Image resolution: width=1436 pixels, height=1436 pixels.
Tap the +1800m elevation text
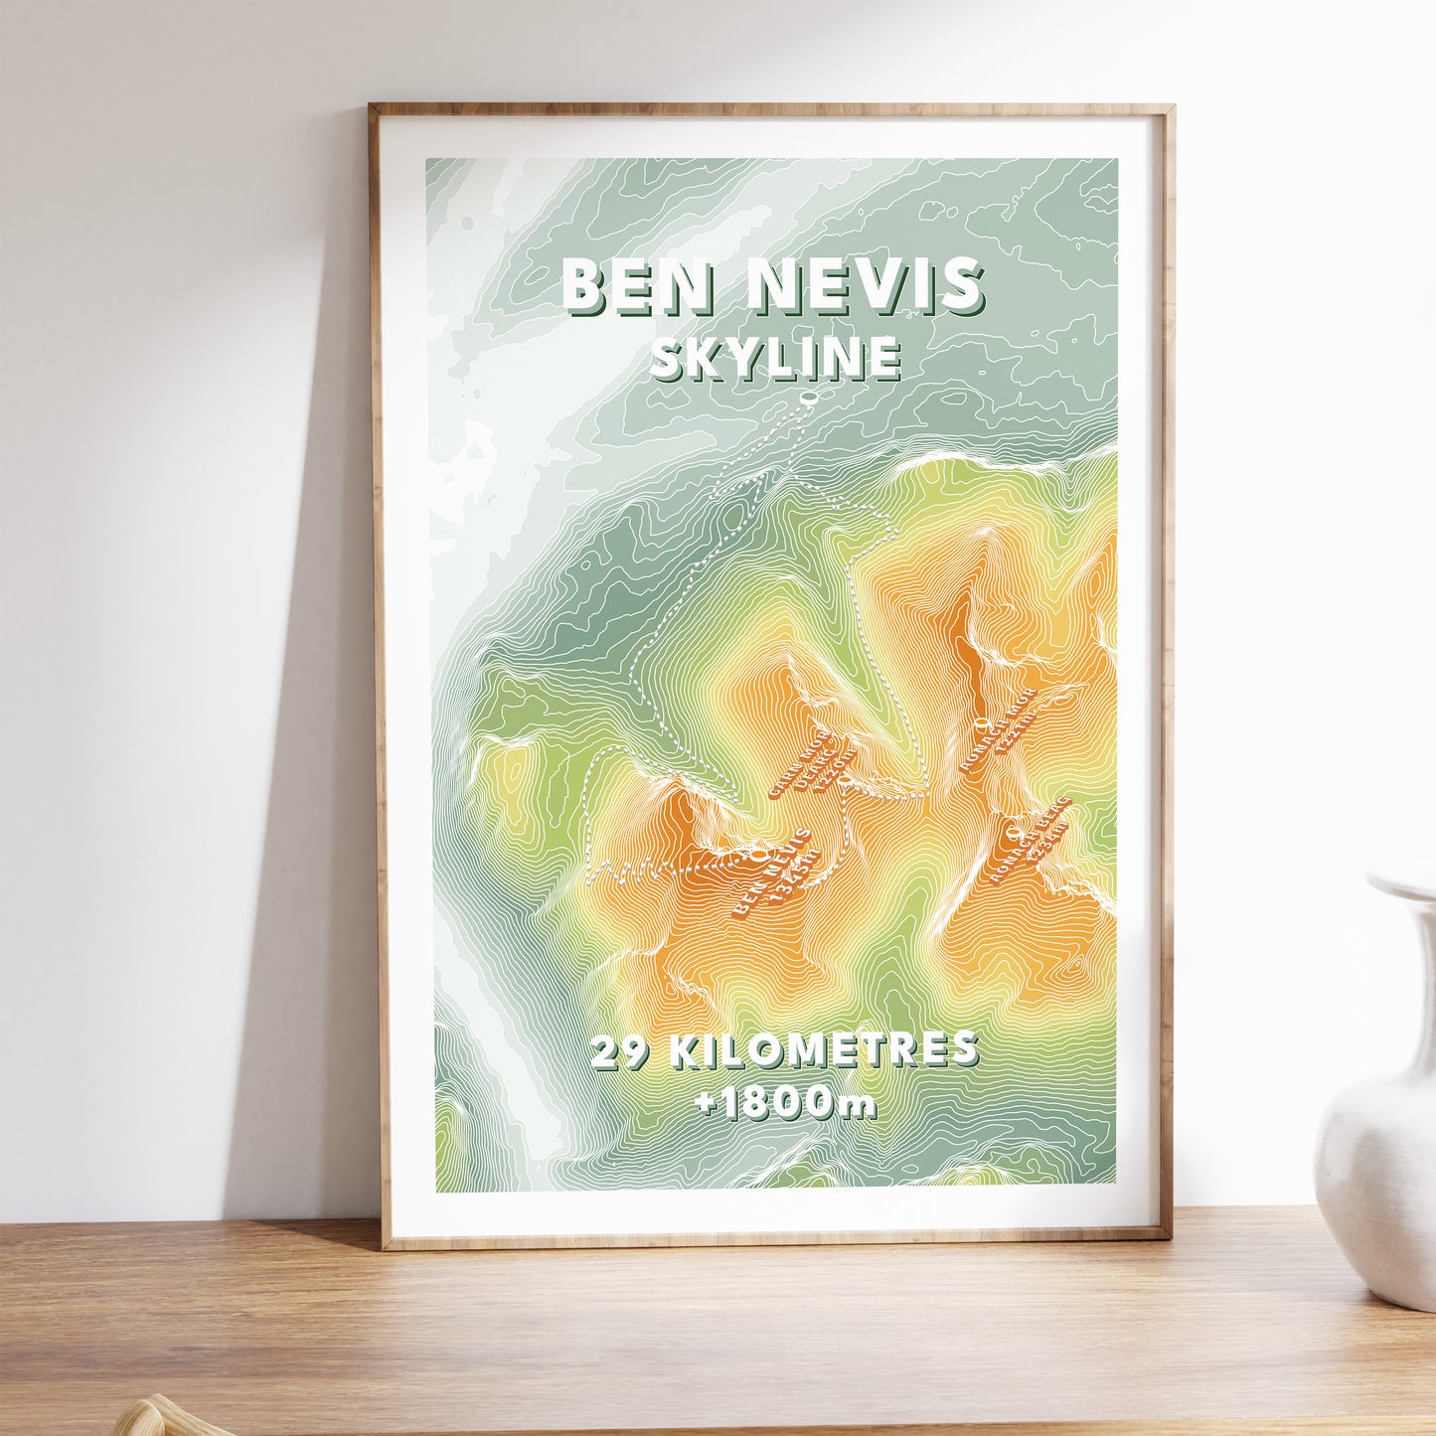click(x=786, y=1104)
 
